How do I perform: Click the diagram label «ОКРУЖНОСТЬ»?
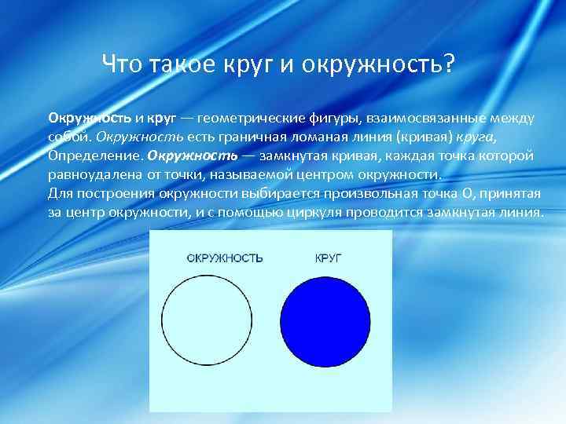click(x=225, y=258)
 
